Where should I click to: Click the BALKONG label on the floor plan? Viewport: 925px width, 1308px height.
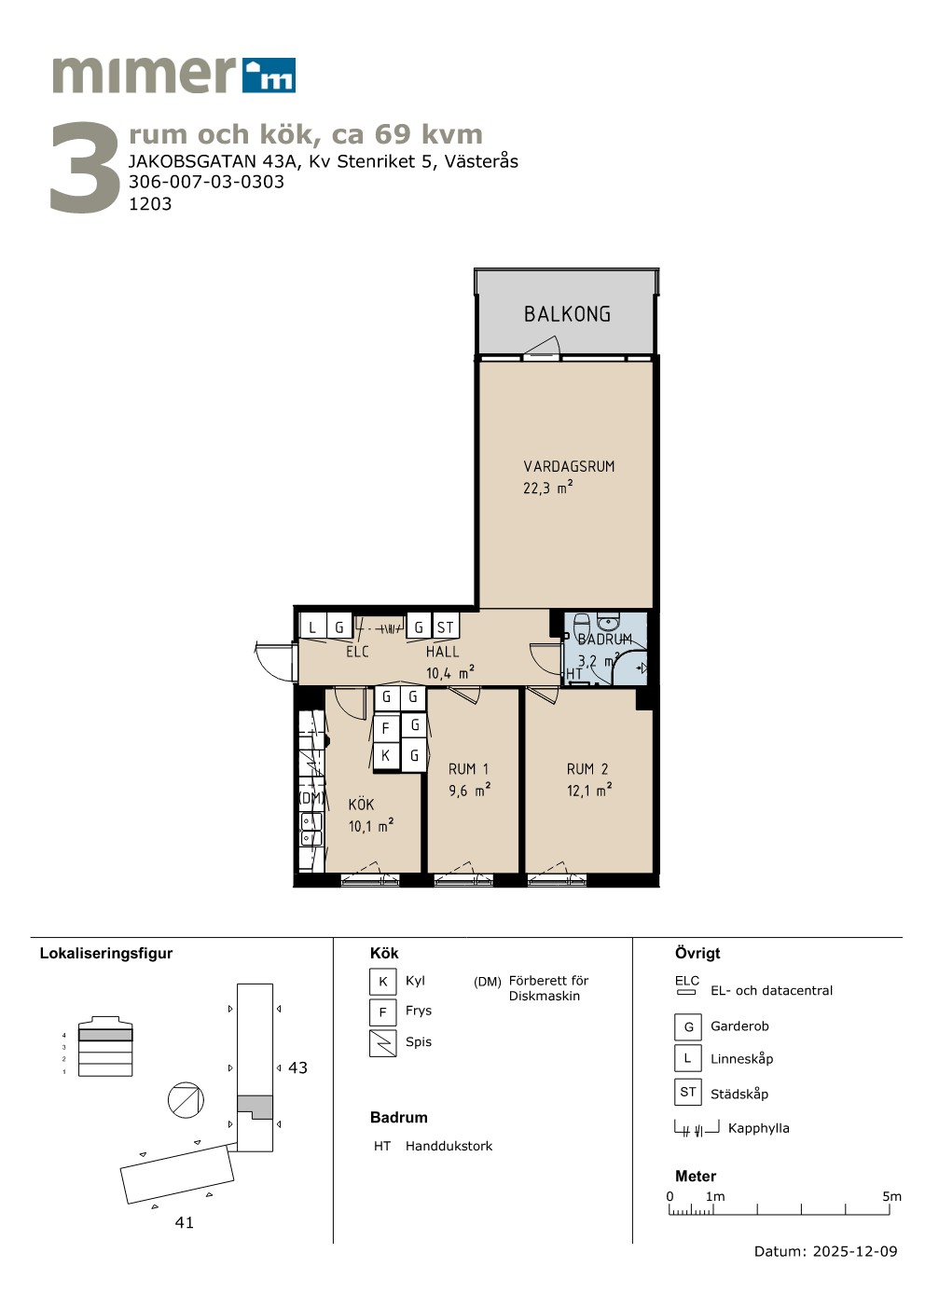click(x=567, y=314)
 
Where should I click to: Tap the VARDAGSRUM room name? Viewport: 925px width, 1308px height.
click(x=569, y=466)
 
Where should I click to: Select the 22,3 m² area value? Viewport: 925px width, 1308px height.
click(x=547, y=487)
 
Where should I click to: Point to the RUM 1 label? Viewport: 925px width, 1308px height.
click(x=468, y=769)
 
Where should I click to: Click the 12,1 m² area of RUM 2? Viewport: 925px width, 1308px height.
click(x=589, y=790)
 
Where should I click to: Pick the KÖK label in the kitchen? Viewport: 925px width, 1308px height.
click(x=361, y=804)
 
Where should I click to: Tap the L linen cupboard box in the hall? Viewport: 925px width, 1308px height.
click(x=312, y=627)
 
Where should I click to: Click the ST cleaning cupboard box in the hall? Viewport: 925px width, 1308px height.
click(x=445, y=627)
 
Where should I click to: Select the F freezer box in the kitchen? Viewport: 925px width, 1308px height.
click(x=385, y=728)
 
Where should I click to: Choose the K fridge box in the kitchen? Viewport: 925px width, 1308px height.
click(x=385, y=755)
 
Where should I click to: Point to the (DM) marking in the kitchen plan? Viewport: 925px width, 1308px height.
click(x=311, y=798)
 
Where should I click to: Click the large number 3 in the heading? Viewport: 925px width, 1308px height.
click(x=85, y=167)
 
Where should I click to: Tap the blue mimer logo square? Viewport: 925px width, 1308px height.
click(x=269, y=76)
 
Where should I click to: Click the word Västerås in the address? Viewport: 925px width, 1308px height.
click(x=481, y=160)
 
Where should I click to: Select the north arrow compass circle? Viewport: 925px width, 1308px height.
click(x=186, y=1100)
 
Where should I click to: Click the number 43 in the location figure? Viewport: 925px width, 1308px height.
click(x=297, y=1067)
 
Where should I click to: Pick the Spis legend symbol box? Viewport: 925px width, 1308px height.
click(x=383, y=1043)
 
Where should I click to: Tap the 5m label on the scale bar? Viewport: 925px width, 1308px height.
click(x=891, y=1196)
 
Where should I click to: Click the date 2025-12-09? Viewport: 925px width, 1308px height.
click(x=855, y=1251)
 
